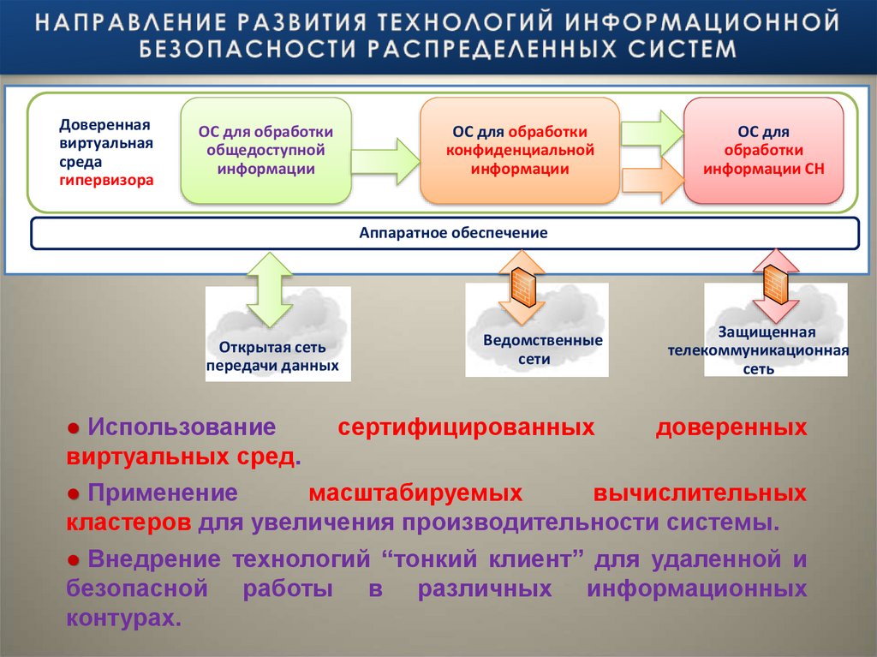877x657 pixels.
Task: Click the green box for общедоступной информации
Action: [x=265, y=150]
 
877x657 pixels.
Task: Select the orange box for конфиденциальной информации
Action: [x=519, y=151]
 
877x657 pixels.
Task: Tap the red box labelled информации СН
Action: [x=763, y=151]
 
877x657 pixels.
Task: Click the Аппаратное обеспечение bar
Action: [x=444, y=233]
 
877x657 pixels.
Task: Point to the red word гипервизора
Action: [x=107, y=181]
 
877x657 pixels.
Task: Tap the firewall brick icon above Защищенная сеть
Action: [x=776, y=283]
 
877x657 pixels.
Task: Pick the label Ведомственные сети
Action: [x=542, y=349]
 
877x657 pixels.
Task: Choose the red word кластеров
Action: [x=128, y=522]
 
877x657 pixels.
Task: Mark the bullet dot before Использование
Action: [x=75, y=427]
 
